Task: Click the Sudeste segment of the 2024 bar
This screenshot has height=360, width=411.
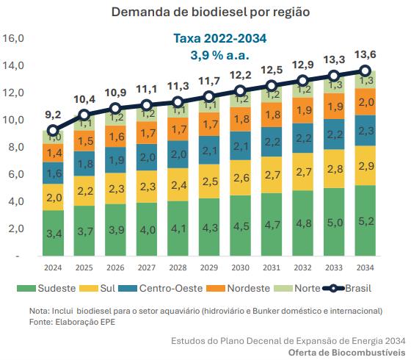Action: tap(53, 233)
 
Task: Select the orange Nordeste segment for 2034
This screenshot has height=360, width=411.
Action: tap(365, 102)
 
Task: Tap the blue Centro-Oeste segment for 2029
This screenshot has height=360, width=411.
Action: tap(209, 150)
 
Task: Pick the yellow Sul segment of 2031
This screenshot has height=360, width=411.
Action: tap(272, 175)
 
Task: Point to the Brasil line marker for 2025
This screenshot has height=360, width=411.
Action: tap(84, 115)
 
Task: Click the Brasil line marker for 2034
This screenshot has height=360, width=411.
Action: tap(365, 71)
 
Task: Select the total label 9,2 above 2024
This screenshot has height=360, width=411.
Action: tap(53, 115)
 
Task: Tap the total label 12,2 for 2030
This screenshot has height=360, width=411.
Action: tap(241, 75)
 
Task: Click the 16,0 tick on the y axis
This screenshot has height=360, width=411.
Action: tap(13, 38)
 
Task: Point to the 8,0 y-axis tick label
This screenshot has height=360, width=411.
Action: tap(16, 147)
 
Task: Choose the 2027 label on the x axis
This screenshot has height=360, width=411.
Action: tap(147, 267)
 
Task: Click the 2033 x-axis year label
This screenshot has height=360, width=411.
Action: tap(334, 267)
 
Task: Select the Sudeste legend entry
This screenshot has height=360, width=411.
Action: tap(46, 288)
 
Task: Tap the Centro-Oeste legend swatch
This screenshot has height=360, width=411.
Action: tap(128, 288)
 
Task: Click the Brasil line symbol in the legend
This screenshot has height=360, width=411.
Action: tap(333, 288)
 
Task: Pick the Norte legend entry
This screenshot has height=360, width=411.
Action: tap(297, 288)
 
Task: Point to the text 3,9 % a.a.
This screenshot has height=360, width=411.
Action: tap(219, 55)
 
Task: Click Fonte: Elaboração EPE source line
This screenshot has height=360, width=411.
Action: tap(72, 322)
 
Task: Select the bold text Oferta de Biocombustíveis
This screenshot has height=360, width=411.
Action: tap(346, 353)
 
